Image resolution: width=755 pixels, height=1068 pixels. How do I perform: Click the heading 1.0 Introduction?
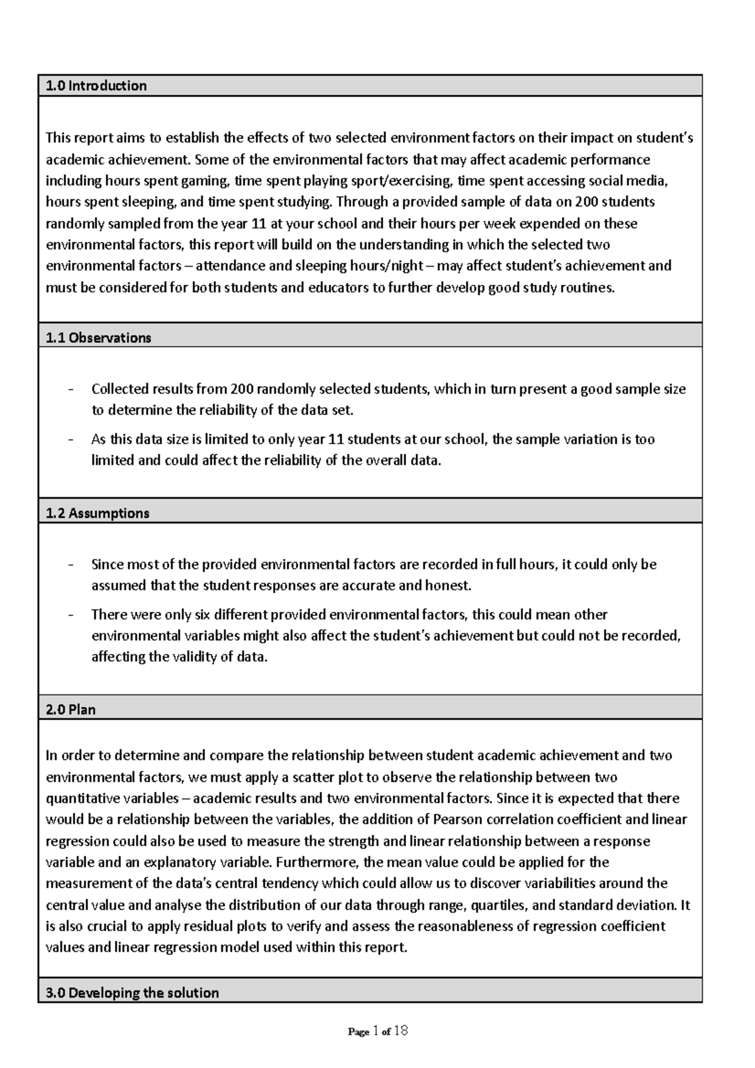point(96,86)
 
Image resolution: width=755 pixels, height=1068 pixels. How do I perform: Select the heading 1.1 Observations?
point(99,338)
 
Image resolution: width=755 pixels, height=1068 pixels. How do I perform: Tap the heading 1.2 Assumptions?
point(98,513)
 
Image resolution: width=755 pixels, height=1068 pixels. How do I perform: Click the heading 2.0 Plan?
point(70,709)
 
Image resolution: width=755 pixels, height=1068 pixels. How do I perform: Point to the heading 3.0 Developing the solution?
point(132,993)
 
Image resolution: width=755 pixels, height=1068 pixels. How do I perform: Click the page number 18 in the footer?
point(401,1031)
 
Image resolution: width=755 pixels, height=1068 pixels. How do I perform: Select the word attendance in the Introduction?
point(230,266)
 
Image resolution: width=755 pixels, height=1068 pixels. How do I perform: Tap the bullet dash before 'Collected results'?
point(70,389)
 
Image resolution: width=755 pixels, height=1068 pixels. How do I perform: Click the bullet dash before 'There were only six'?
point(70,615)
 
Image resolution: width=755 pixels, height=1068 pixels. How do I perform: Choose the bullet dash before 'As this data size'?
point(70,439)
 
